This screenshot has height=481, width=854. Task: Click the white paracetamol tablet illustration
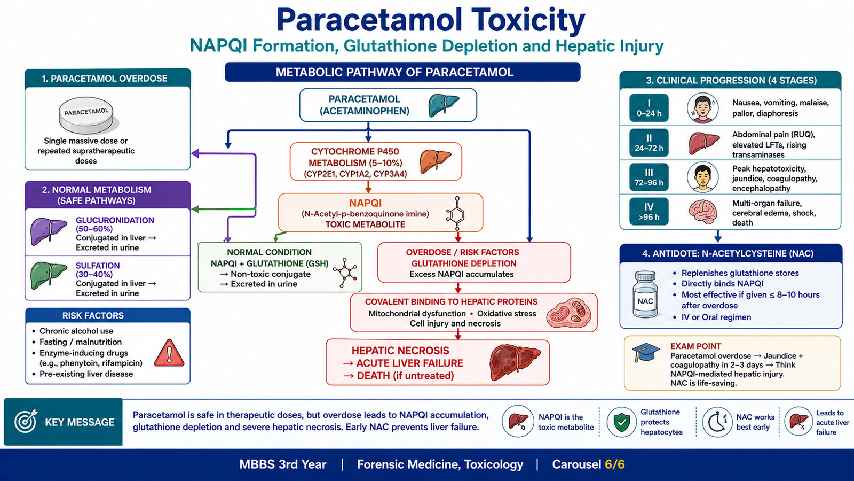point(87,115)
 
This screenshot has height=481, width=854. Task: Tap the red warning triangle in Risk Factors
point(169,353)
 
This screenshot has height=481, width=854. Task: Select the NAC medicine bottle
point(645,294)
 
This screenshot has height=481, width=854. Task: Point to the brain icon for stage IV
point(703,212)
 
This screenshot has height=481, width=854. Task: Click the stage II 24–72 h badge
point(649,143)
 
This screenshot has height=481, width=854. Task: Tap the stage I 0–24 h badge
point(649,108)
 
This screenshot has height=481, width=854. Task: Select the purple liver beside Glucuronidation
point(49,231)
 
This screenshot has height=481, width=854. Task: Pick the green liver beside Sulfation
point(49,276)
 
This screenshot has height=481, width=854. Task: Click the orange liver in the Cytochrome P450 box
point(435,161)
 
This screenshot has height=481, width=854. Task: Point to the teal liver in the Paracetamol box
point(444,105)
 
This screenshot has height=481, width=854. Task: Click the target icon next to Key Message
point(26,422)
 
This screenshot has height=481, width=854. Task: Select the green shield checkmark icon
point(621,422)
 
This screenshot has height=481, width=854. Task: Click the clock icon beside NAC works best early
point(717,422)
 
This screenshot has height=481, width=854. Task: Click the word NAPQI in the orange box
point(365,203)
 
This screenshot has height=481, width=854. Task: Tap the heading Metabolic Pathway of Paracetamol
point(394,72)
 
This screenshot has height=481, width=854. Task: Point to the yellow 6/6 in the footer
point(614,464)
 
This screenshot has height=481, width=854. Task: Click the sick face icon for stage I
point(702,108)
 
